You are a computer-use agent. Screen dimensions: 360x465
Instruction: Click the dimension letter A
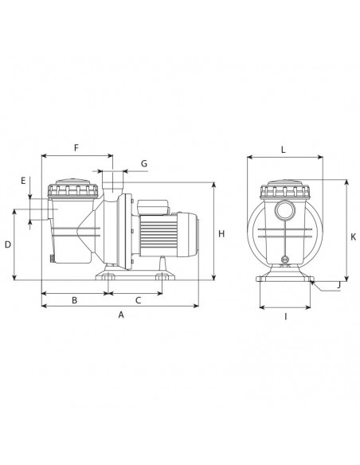click(121, 315)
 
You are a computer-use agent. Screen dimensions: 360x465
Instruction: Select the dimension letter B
click(74, 300)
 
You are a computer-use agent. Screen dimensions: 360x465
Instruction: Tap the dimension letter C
click(139, 300)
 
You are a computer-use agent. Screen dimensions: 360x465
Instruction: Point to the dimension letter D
click(8, 244)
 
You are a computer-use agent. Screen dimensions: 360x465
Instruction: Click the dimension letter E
click(23, 181)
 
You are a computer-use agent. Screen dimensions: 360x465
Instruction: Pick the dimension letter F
click(76, 147)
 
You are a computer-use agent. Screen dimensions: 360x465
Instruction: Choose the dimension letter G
click(144, 163)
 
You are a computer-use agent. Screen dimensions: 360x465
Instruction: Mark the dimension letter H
click(221, 233)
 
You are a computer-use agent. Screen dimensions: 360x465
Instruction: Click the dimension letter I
click(286, 317)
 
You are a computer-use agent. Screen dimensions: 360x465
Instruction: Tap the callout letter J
click(338, 285)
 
